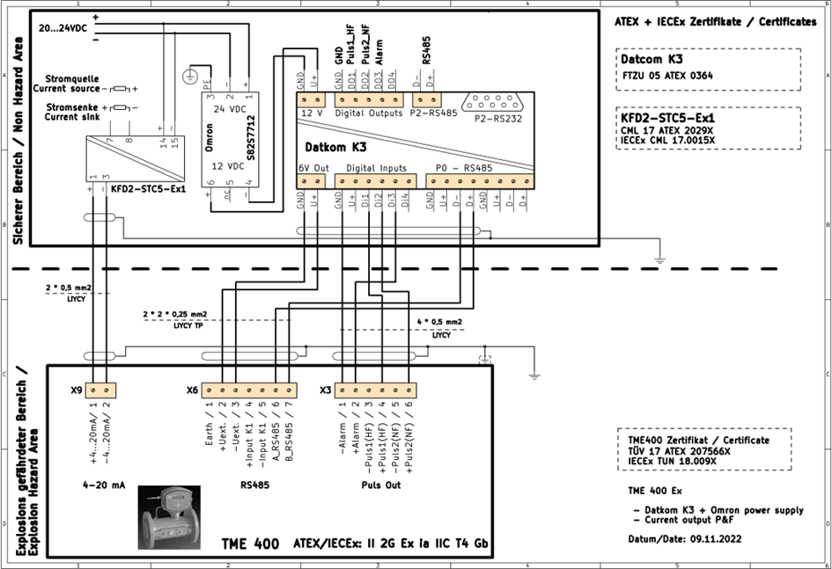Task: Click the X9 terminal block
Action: pos(99,390)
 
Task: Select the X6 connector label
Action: pos(192,390)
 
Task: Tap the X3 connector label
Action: pos(325,390)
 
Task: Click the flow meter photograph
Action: pos(168,517)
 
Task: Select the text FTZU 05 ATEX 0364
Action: pos(668,76)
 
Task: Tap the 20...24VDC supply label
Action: pos(63,29)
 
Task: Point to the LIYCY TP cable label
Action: pos(186,325)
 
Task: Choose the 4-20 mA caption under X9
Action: pos(99,483)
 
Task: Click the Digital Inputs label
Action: pos(376,166)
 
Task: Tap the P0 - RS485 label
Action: pos(464,166)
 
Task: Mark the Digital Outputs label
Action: pos(369,113)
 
